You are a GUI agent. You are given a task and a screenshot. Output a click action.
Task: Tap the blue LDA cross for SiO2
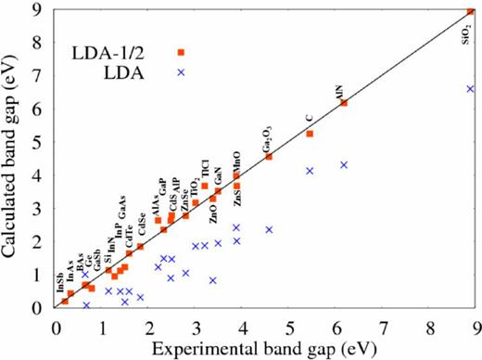470,89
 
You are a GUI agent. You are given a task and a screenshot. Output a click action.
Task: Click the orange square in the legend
181,52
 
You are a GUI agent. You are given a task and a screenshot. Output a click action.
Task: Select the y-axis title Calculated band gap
15,159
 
